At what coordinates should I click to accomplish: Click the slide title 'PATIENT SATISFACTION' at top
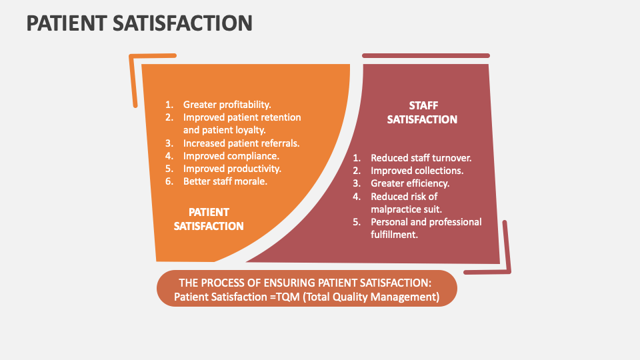139,23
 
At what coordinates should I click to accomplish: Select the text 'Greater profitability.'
227,105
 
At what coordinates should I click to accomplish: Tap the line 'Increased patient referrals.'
241,143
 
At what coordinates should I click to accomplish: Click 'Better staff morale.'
225,181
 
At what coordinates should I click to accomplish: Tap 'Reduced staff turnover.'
421,158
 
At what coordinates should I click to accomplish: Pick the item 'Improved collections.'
417,171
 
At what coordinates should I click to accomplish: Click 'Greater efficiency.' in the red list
410,183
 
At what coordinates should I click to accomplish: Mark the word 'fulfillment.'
395,234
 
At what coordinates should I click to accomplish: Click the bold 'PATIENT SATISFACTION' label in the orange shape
209,219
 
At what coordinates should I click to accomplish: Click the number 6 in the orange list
169,181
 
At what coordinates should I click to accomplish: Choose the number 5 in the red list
357,221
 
